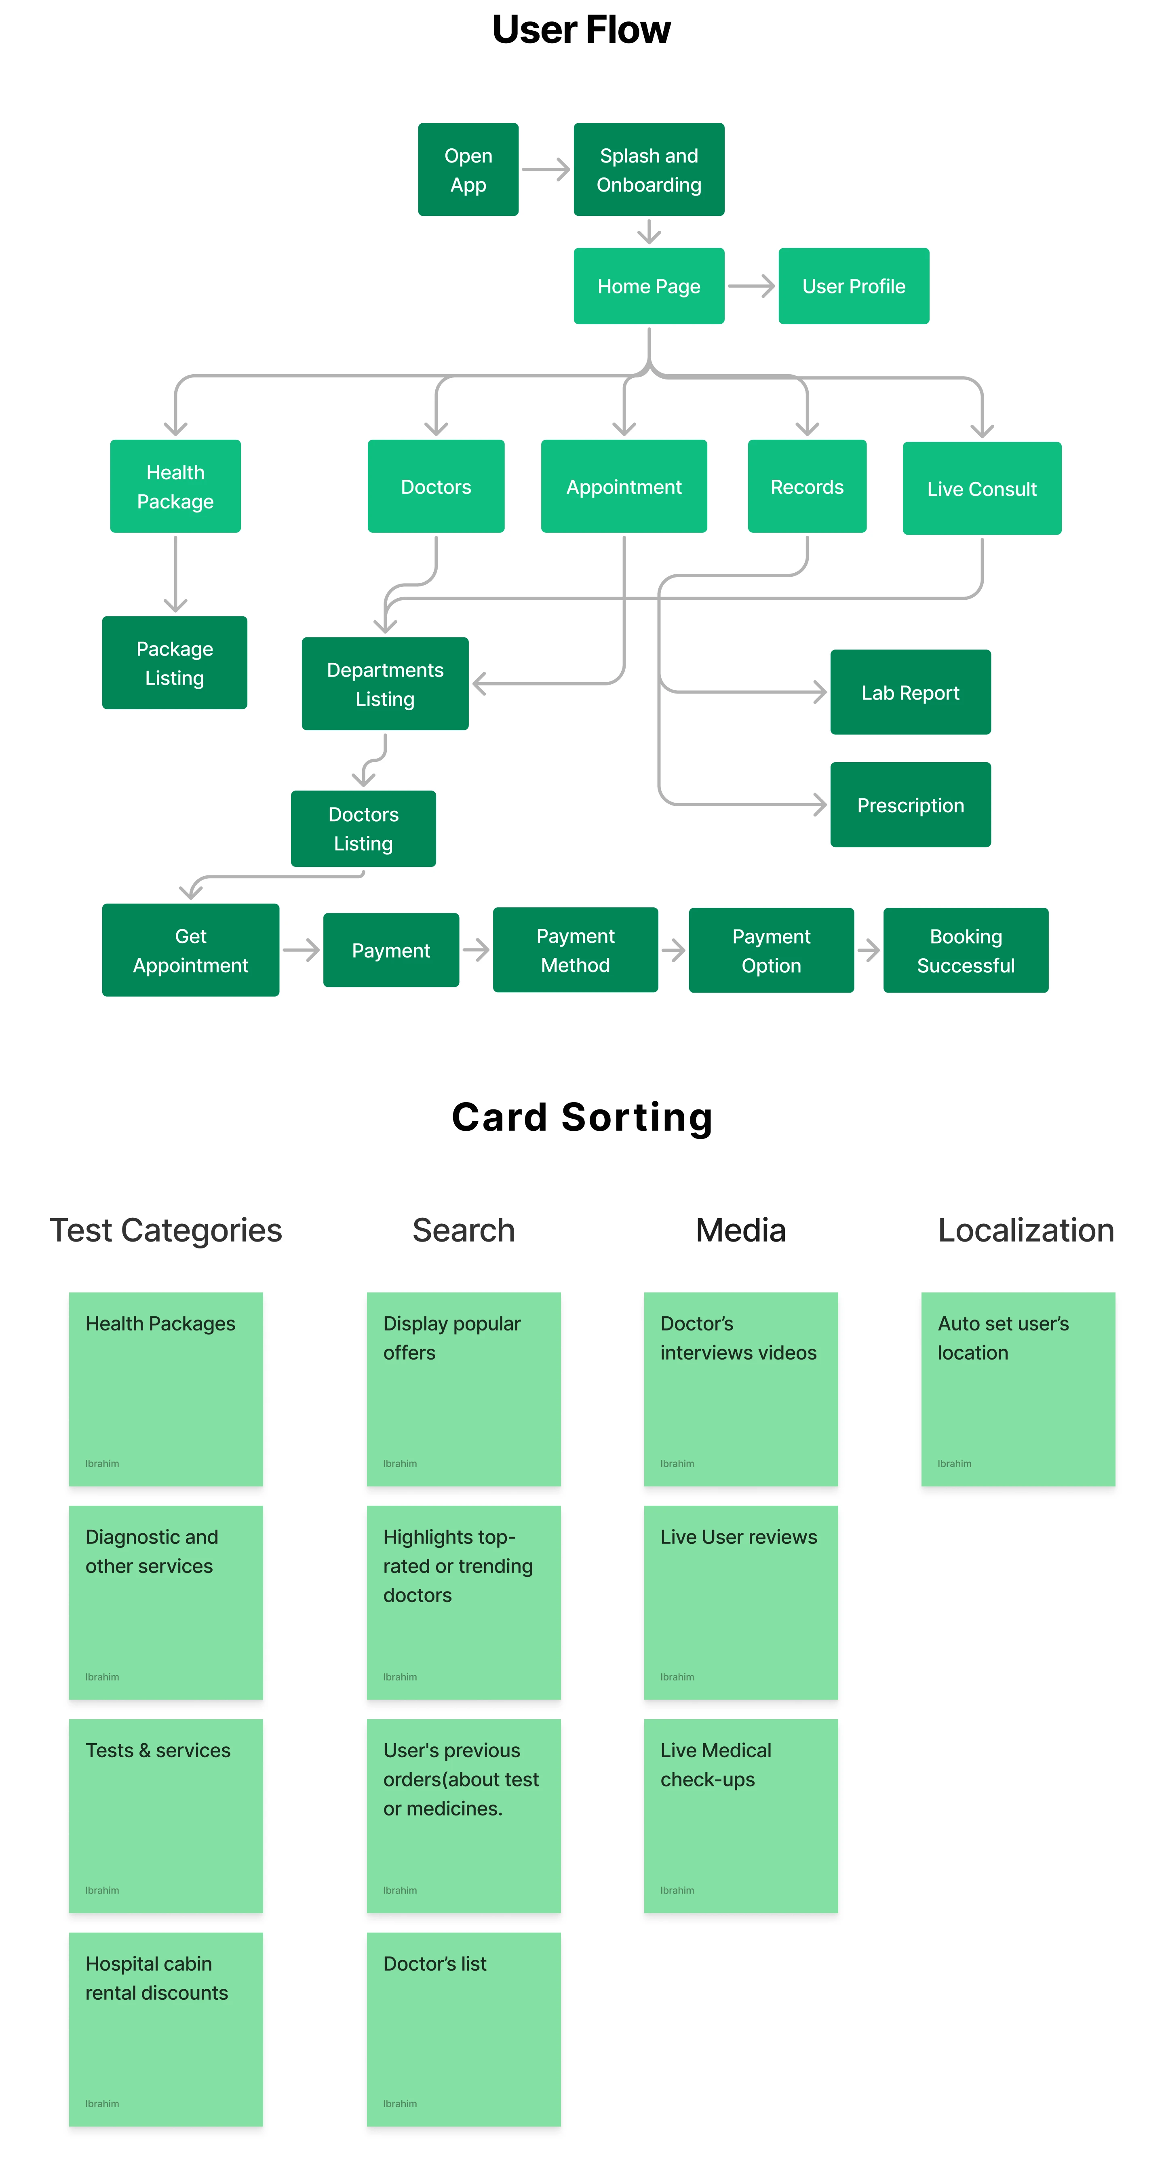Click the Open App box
click(x=468, y=169)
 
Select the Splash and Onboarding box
click(x=648, y=169)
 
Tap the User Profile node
click(x=853, y=286)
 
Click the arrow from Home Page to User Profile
click(x=751, y=286)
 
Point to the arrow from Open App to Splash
click(x=546, y=169)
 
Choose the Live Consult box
click(x=981, y=488)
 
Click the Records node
click(x=807, y=487)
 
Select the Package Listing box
click(x=174, y=663)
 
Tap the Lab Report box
click(x=910, y=692)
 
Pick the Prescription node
click(x=910, y=805)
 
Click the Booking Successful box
click(x=965, y=950)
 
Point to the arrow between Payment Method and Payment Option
click(x=673, y=950)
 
